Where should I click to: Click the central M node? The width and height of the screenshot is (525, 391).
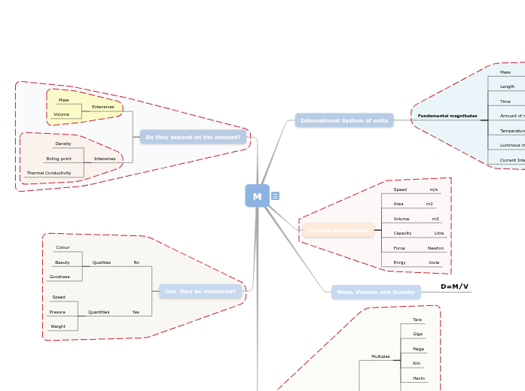(x=257, y=196)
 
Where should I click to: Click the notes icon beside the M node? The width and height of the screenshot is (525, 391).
(x=275, y=196)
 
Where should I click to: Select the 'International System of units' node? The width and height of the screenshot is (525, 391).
(x=344, y=120)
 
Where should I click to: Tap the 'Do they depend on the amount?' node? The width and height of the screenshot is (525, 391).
(x=193, y=137)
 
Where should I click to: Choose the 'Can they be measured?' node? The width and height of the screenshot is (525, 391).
(x=200, y=292)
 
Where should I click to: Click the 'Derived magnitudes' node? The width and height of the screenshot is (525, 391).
(x=338, y=230)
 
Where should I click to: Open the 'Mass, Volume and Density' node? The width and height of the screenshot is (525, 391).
(x=376, y=292)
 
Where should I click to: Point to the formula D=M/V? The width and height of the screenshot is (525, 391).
(x=454, y=286)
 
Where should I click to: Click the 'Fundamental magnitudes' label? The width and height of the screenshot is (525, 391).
(x=447, y=116)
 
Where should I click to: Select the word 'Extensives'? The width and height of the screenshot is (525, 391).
(x=103, y=107)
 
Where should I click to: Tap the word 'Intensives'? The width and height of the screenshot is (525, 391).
(x=105, y=159)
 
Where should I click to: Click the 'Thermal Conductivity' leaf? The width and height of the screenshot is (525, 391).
(x=49, y=173)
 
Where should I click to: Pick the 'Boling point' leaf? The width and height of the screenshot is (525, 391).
(x=59, y=159)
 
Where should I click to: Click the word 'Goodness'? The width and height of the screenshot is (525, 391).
(x=60, y=277)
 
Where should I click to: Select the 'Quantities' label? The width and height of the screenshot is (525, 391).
(x=99, y=312)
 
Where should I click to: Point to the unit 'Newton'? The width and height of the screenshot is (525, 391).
(x=435, y=248)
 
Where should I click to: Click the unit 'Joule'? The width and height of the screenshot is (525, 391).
(x=434, y=262)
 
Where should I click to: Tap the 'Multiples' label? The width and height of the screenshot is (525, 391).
(x=380, y=356)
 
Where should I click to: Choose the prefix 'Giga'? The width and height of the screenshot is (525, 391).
(x=417, y=334)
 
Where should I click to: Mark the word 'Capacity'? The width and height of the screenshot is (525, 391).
(x=402, y=233)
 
